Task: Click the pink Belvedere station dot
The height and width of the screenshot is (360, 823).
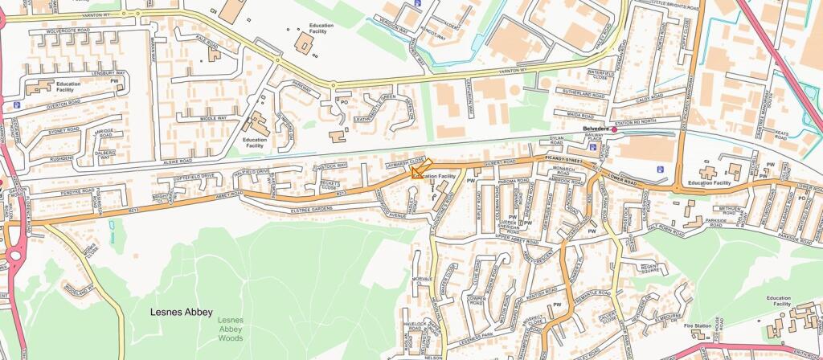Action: click(614, 129)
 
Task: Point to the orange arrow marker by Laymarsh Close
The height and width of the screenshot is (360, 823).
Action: click(421, 167)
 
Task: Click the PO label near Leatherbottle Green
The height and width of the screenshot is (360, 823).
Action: click(343, 102)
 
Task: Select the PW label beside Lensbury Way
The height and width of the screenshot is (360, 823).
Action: click(114, 82)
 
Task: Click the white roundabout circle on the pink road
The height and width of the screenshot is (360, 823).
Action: click(14, 257)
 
